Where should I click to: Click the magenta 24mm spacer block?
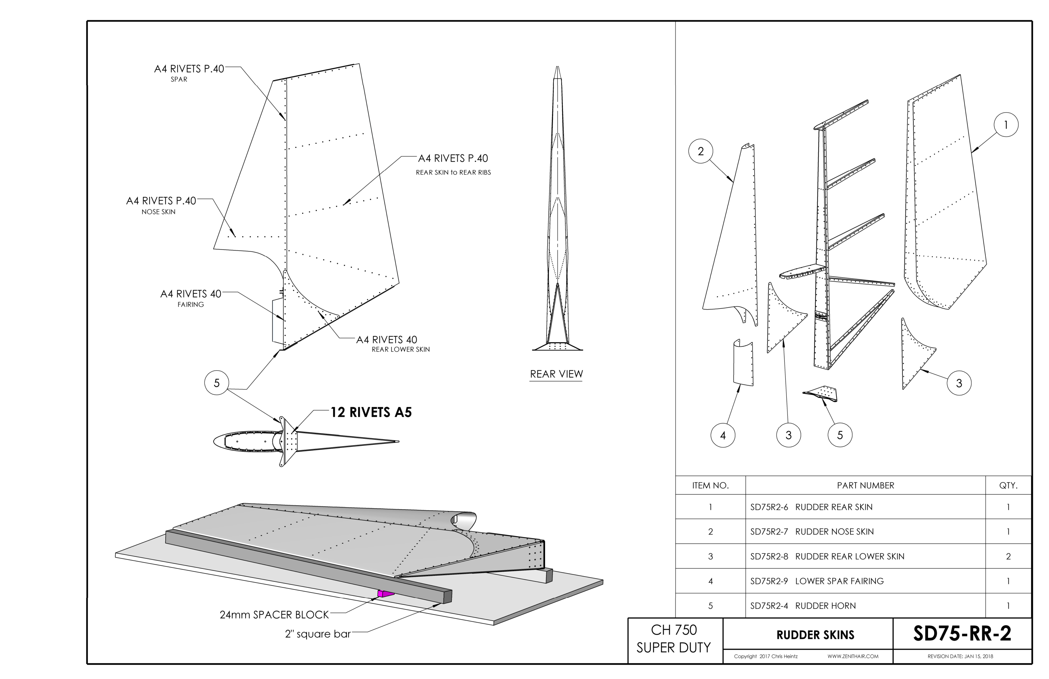coord(386,594)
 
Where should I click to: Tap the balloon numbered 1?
coord(1006,125)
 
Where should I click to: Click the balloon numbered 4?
coord(723,435)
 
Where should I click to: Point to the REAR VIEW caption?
coord(556,374)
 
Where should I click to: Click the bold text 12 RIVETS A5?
coord(371,413)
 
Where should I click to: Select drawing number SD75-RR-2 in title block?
coord(962,634)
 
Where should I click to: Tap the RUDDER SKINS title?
coord(815,635)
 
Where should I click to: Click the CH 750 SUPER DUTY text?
coord(674,639)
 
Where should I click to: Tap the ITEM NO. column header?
coord(711,486)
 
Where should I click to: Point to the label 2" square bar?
coord(318,634)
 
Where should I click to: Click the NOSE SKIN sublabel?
coord(158,212)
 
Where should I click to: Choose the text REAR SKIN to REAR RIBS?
coord(453,172)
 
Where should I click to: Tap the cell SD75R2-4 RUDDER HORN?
coord(803,606)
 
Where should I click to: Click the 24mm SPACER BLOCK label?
coord(274,615)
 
